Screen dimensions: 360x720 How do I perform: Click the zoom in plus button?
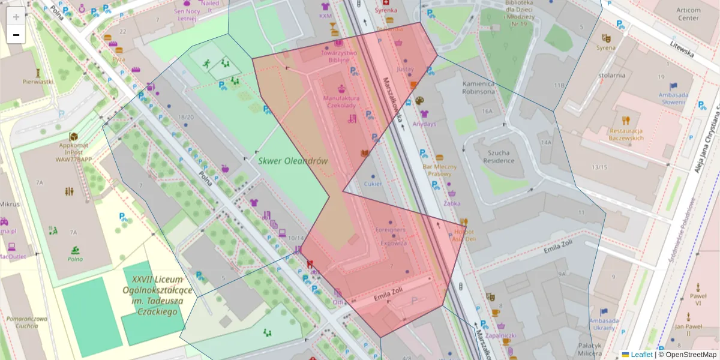[16, 17]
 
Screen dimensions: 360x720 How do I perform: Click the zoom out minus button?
[16, 35]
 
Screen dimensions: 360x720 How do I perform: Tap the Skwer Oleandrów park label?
[293, 161]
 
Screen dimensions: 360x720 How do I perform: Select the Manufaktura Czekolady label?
[341, 101]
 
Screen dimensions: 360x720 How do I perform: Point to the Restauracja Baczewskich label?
[626, 134]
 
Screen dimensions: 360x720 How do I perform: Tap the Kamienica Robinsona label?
[478, 88]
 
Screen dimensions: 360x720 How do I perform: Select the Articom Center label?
[688, 14]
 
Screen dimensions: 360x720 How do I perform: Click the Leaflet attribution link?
[641, 355]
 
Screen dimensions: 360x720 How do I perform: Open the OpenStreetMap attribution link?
[690, 355]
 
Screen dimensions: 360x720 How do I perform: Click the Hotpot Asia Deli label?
[464, 235]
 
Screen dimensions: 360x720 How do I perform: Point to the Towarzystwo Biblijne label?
[338, 56]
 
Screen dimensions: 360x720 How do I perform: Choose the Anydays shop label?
[424, 124]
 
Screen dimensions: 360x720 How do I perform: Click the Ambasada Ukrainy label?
[604, 324]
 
